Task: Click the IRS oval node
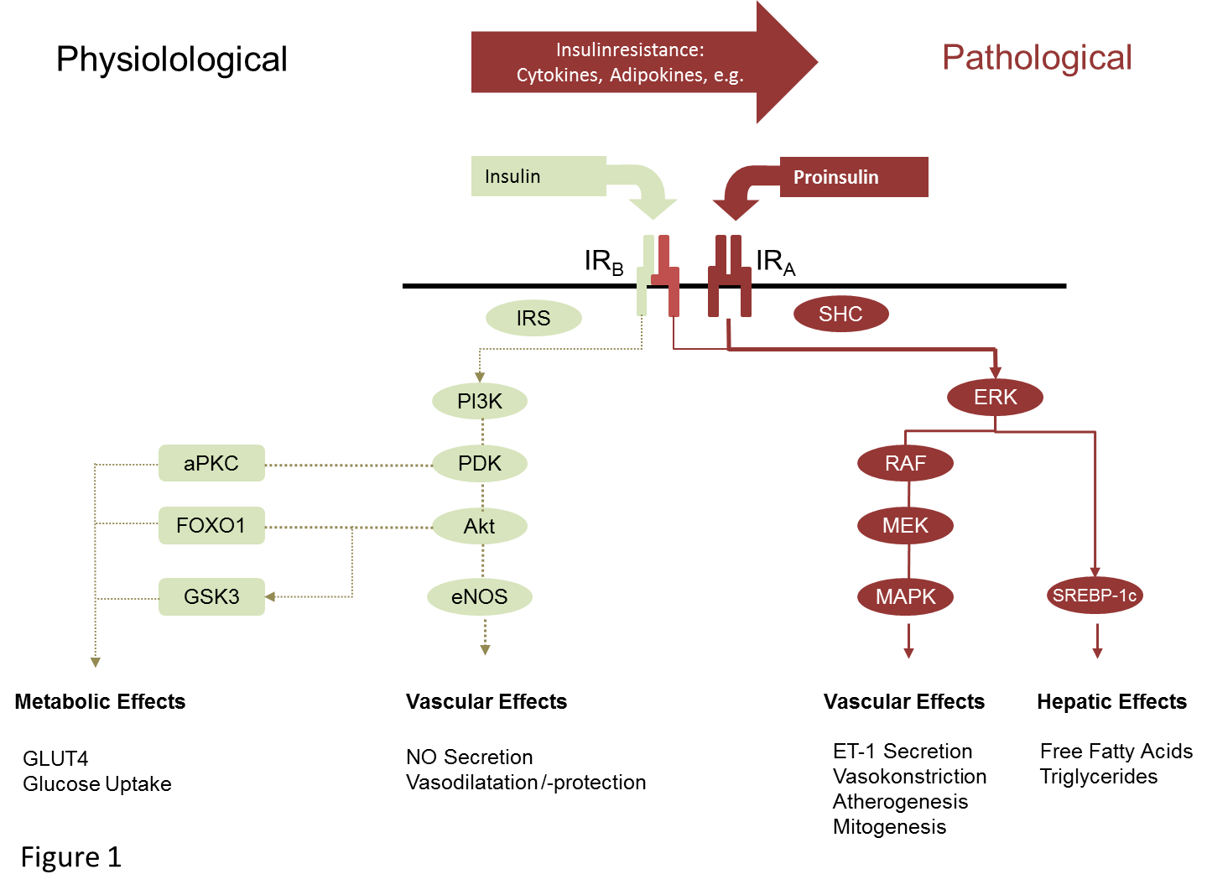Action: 533,319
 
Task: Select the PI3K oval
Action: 480,401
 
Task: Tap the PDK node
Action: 480,463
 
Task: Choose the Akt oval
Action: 480,526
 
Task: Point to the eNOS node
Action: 480,596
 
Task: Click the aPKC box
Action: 211,463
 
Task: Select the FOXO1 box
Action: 211,525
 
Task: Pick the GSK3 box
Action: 211,596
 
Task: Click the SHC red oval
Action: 840,314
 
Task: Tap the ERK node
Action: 995,397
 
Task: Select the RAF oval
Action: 905,463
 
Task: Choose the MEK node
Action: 905,526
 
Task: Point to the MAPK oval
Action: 905,596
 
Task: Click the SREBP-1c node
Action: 1095,596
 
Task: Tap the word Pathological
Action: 1037,58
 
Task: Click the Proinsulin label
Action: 836,177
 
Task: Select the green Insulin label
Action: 512,176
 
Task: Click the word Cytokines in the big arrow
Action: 558,75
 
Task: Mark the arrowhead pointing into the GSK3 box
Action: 270,596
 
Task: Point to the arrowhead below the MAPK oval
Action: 908,653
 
